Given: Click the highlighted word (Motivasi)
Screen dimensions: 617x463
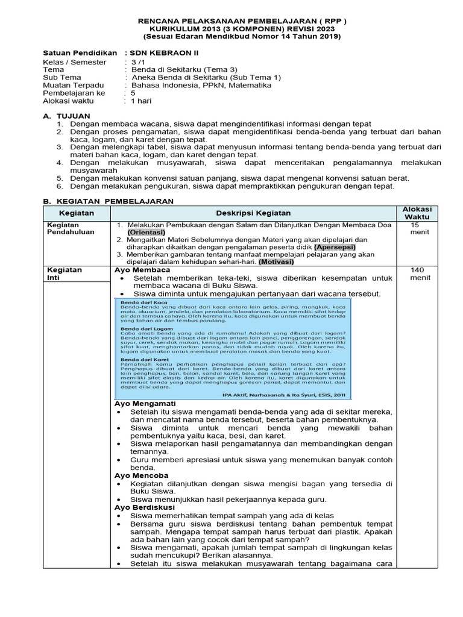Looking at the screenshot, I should coord(276,262).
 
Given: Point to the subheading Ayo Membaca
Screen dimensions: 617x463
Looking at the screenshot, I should coord(138,271).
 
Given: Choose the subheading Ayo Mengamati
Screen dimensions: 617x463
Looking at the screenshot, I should coord(145,403).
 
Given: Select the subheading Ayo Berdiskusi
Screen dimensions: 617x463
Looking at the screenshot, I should coord(143,507).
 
